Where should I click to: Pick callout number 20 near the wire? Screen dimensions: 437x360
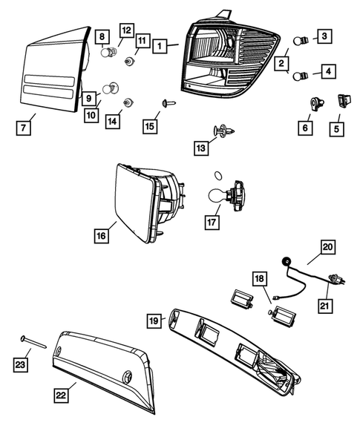[327, 248]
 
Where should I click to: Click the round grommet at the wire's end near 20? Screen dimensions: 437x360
[287, 260]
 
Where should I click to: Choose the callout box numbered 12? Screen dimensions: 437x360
[125, 30]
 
